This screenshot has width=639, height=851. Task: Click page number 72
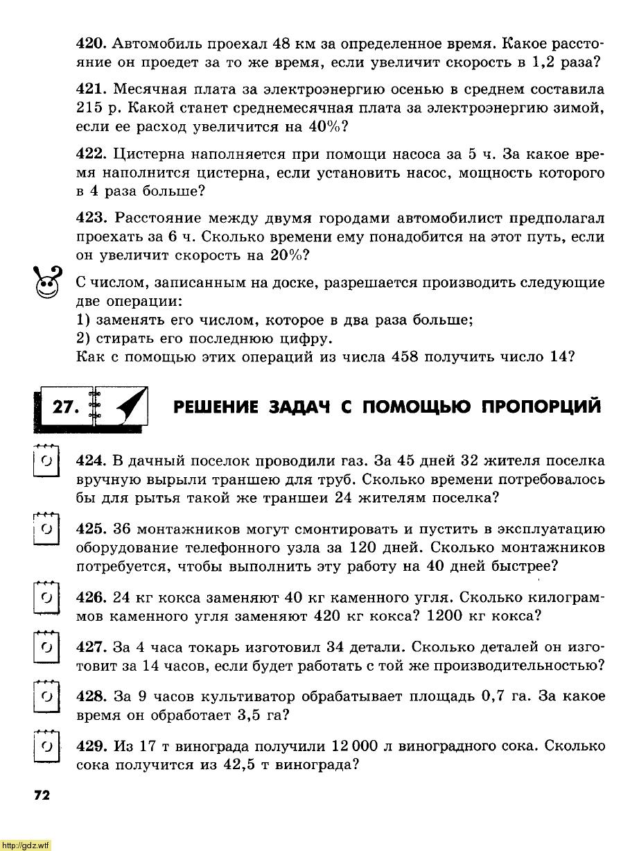click(41, 795)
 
